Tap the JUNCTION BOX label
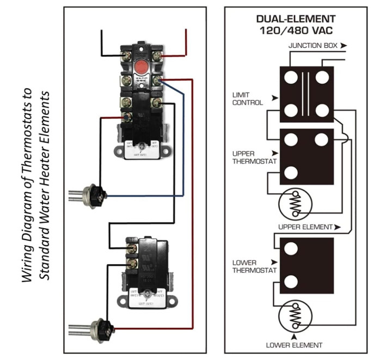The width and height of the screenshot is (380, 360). [312, 46]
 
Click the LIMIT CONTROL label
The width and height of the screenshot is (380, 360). [247, 99]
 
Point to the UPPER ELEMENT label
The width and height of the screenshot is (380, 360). [305, 227]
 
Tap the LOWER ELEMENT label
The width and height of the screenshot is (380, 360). [294, 345]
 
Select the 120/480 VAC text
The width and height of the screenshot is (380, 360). [296, 30]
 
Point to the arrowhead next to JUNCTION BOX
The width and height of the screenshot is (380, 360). [343, 46]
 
